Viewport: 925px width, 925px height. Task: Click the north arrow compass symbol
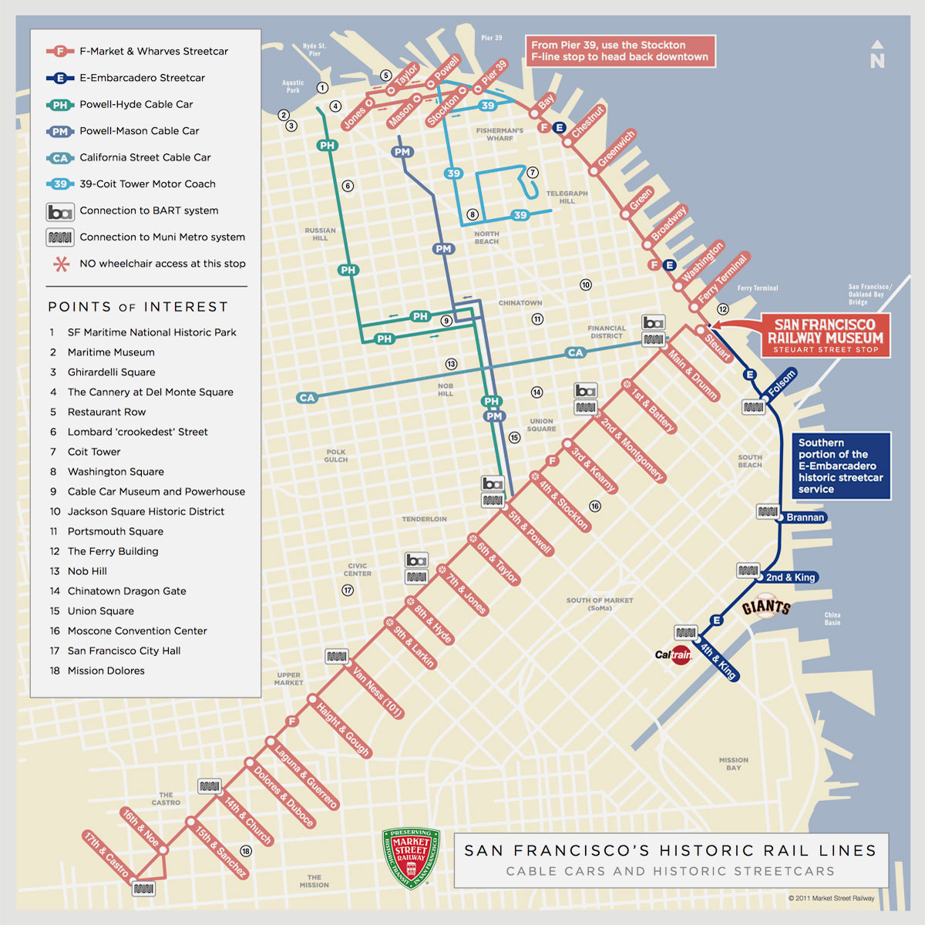(x=877, y=55)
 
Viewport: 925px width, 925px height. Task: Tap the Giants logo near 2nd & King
(x=766, y=607)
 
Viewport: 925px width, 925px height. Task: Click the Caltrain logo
(x=674, y=655)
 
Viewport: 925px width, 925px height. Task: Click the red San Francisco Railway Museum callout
(x=825, y=335)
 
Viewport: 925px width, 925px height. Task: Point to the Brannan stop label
(x=805, y=517)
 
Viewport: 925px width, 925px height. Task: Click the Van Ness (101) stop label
(x=378, y=692)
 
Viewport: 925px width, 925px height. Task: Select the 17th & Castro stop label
(x=106, y=854)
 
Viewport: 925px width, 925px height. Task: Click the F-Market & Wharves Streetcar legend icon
(x=59, y=52)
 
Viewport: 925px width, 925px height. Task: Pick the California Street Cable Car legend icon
(x=59, y=158)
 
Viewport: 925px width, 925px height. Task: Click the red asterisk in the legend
(x=61, y=264)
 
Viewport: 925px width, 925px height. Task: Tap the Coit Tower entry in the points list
(x=94, y=452)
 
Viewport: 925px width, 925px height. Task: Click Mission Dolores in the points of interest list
(x=106, y=671)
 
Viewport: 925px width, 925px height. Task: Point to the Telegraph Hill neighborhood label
(x=567, y=197)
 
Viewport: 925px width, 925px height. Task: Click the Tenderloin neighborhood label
(x=424, y=519)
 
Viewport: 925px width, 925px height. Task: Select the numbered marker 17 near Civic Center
(x=348, y=590)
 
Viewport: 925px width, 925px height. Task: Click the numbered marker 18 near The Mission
(x=246, y=851)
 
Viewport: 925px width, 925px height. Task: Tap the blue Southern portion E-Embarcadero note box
(x=841, y=466)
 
